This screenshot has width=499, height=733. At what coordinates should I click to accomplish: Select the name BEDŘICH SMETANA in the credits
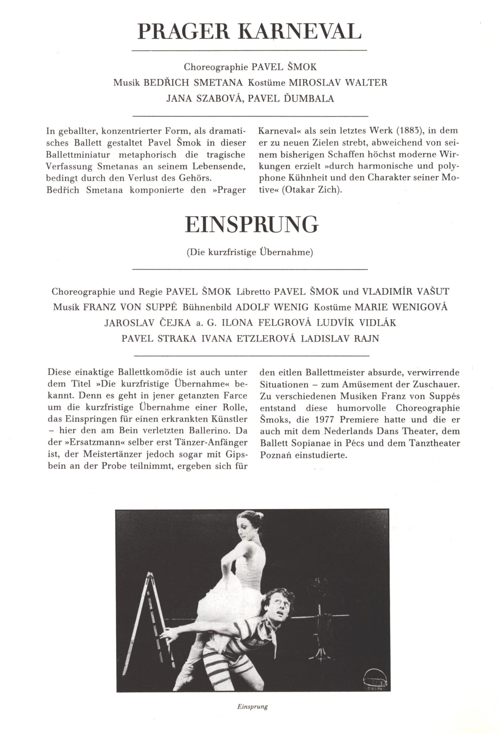coord(193,83)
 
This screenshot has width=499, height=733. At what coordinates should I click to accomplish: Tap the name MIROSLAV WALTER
coord(338,83)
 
